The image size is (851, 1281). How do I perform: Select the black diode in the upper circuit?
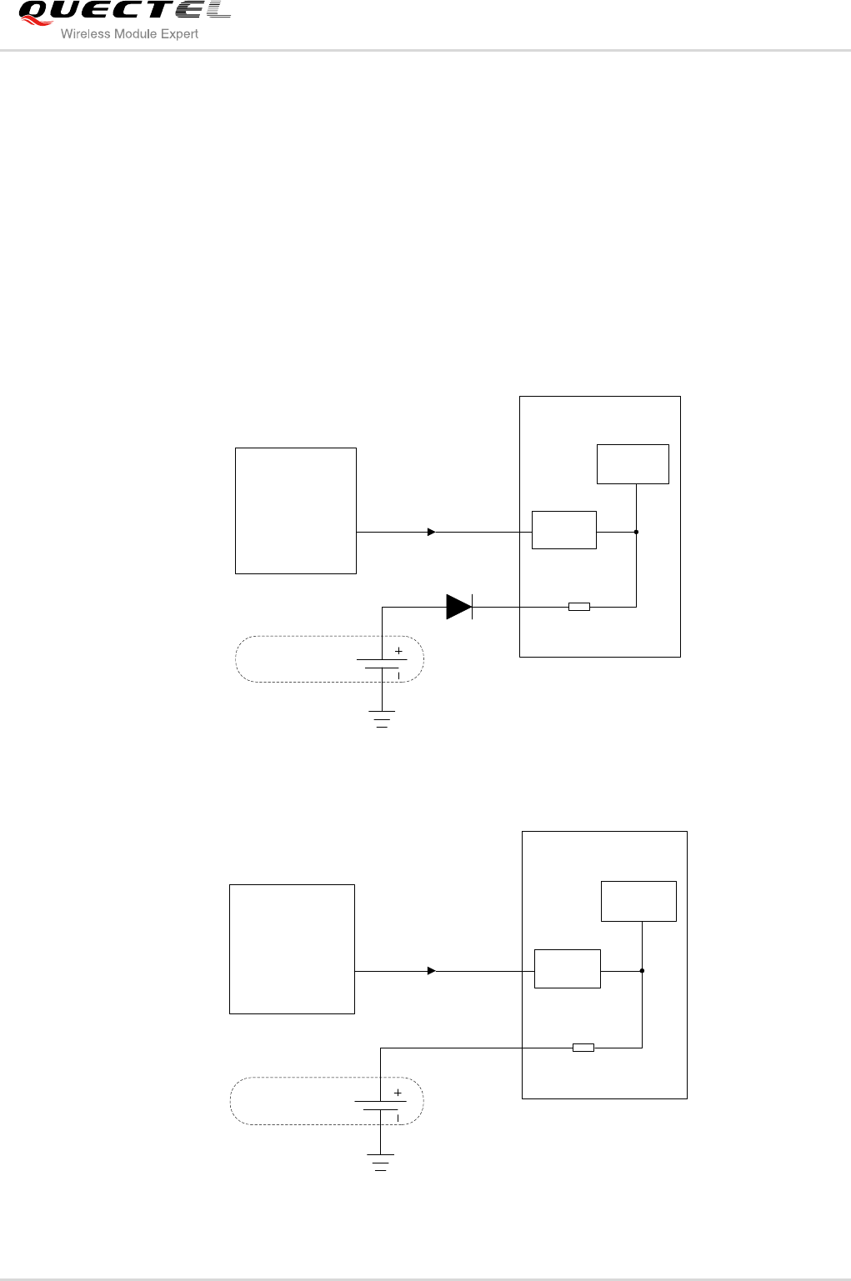(458, 607)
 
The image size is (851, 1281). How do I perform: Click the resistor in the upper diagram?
(578, 607)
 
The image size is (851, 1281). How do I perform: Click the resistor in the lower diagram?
(583, 1048)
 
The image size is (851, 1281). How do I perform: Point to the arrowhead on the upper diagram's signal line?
(431, 532)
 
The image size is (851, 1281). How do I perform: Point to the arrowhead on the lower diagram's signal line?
(431, 971)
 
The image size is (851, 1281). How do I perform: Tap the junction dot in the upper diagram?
(636, 532)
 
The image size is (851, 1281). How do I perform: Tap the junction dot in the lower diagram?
(642, 971)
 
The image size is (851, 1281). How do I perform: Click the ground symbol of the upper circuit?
(382, 719)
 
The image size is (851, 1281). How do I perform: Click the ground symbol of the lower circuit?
(380, 1163)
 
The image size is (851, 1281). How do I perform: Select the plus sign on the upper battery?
(398, 651)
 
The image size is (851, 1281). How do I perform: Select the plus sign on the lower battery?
(397, 1093)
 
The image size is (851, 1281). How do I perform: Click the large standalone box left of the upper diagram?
(295, 511)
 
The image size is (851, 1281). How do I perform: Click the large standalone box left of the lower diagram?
(292, 949)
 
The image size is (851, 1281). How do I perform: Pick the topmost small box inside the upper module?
(633, 464)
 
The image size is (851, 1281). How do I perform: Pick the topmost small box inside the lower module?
(638, 901)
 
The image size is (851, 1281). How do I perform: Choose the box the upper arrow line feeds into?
(563, 530)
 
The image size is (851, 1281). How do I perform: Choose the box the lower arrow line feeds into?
(567, 968)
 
